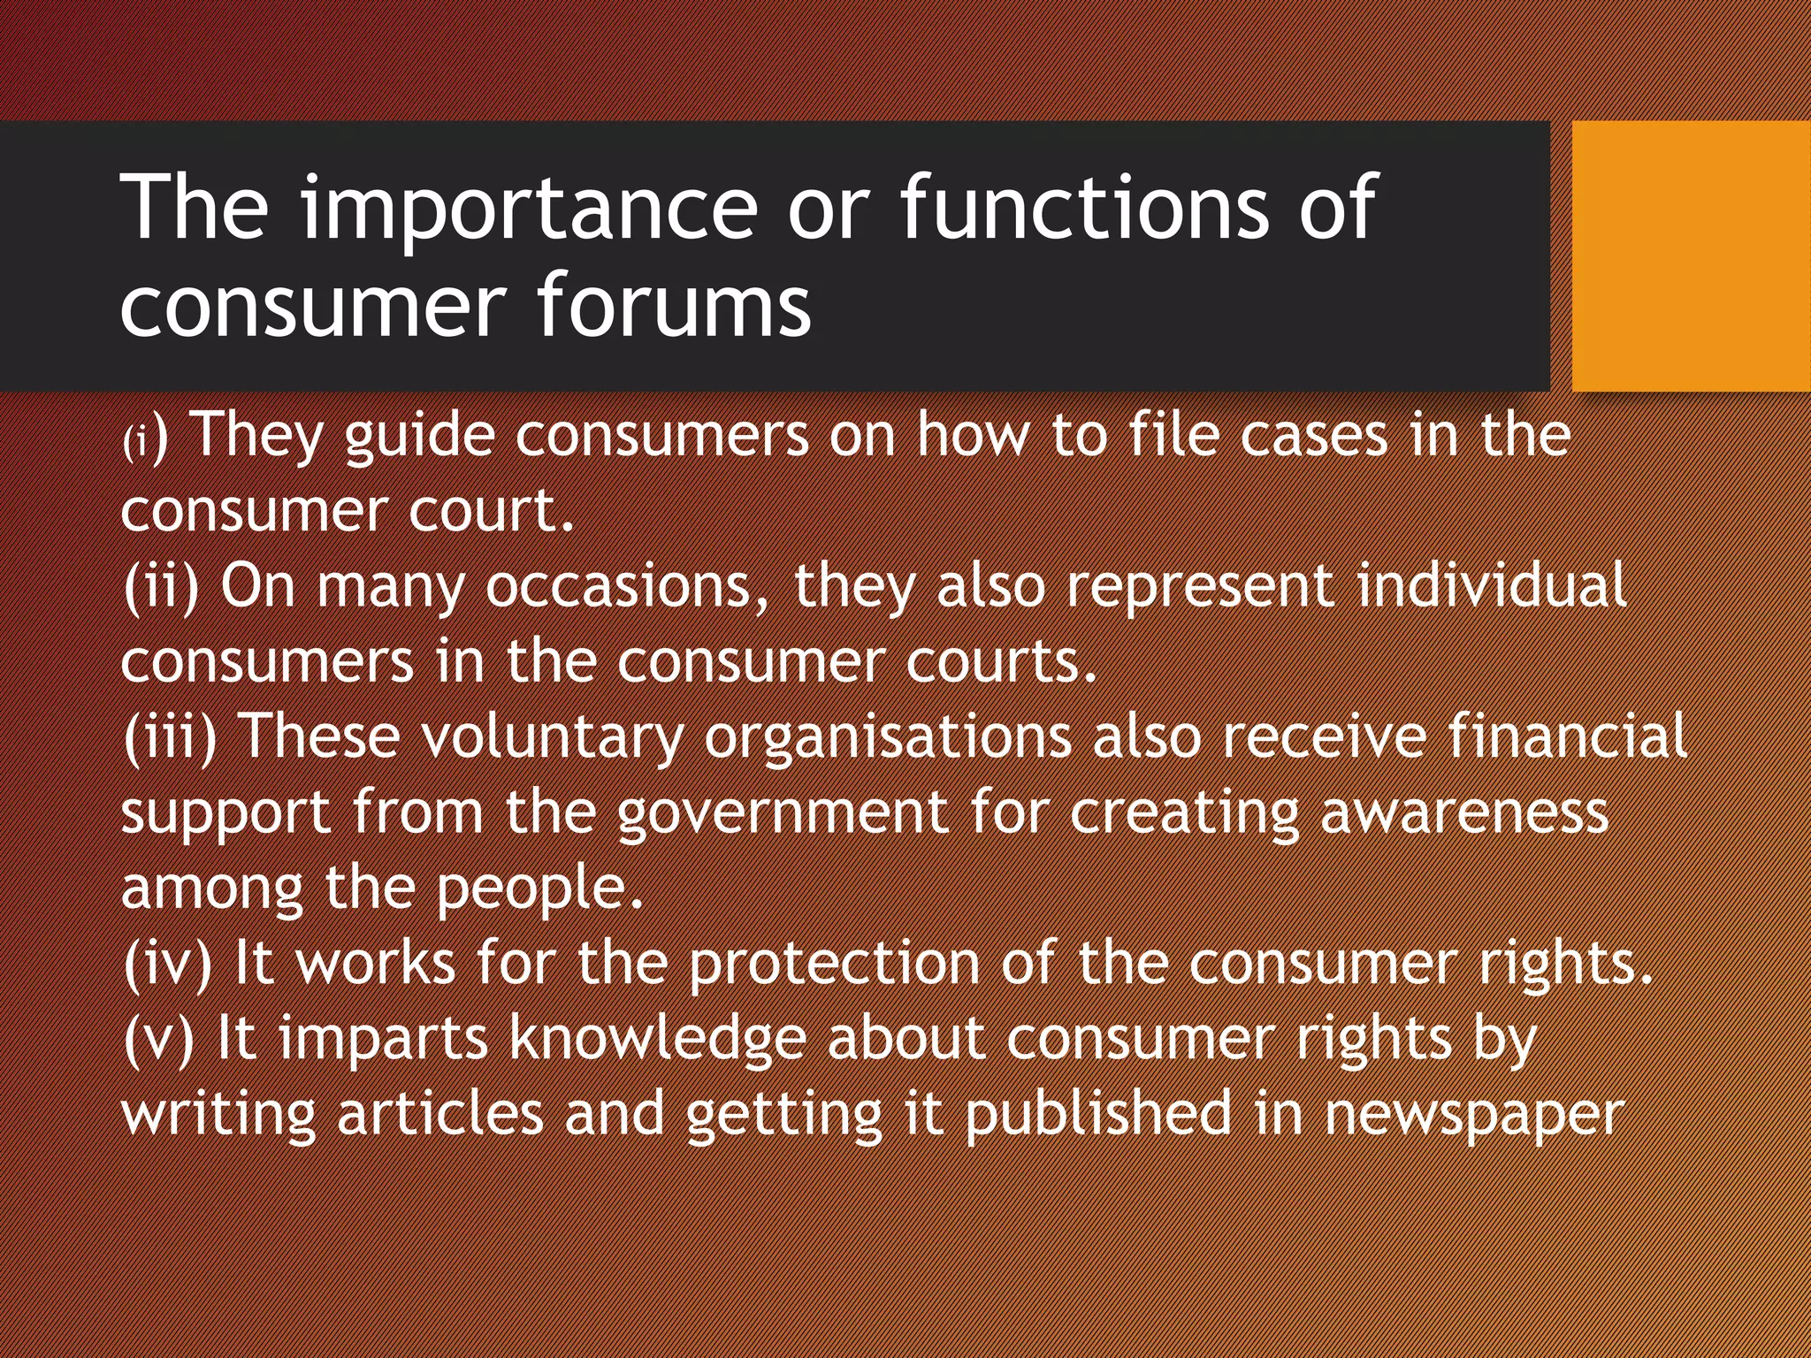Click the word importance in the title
coord(530,209)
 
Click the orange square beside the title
coord(1691,256)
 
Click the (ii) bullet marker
coord(161,587)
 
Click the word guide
coord(418,437)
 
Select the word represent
coord(1200,587)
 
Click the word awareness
coord(1463,813)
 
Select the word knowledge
coord(658,1040)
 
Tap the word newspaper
coord(1473,1116)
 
